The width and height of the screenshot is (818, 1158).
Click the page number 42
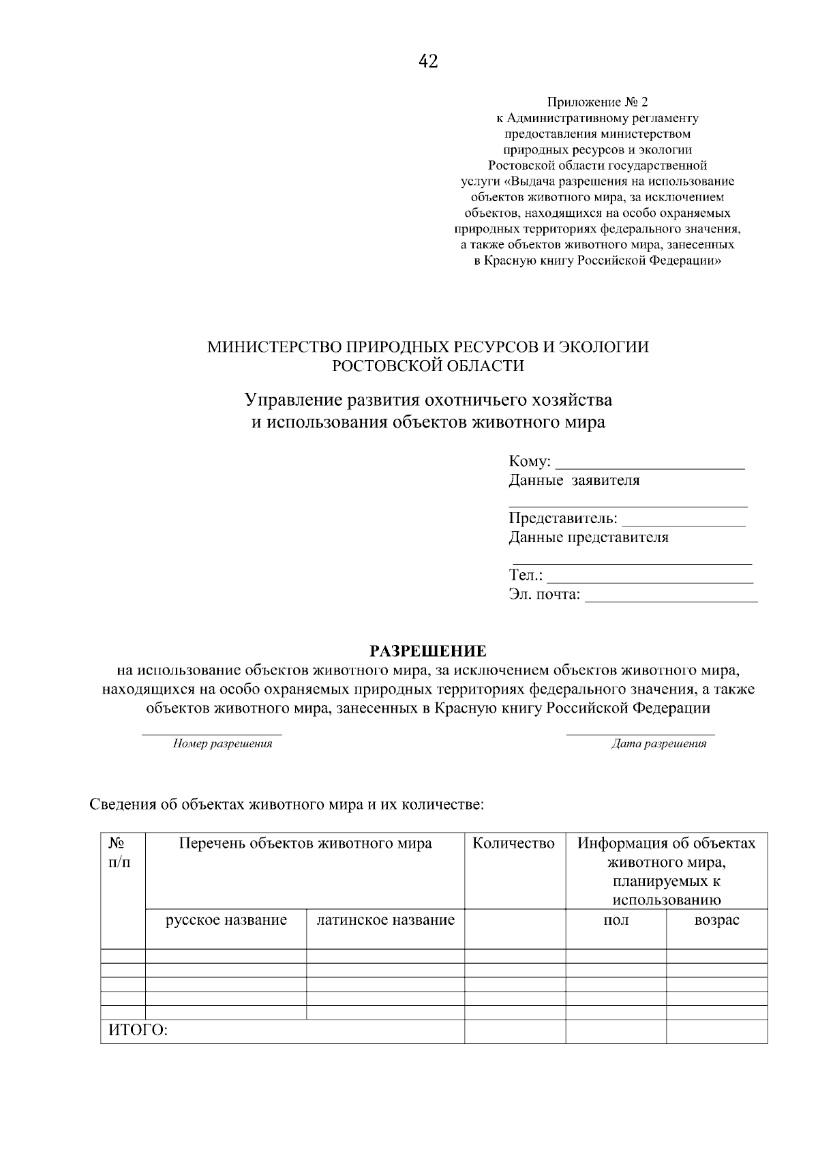[x=428, y=62]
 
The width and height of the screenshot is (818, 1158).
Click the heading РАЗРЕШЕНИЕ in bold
[x=428, y=651]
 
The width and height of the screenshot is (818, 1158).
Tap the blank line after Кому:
[x=650, y=463]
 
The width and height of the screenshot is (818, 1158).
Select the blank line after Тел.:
[x=650, y=577]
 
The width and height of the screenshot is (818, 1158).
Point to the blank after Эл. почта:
[x=671, y=596]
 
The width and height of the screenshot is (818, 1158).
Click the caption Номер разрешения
[x=222, y=744]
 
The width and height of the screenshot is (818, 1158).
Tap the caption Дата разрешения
[x=658, y=744]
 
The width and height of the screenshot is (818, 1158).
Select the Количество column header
[x=514, y=844]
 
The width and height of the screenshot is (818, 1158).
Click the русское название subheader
[x=226, y=921]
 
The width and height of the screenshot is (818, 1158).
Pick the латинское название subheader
[x=385, y=921]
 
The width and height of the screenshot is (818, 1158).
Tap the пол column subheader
[x=616, y=921]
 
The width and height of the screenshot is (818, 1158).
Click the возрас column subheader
[x=716, y=921]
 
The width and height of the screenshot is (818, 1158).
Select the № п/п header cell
[x=119, y=852]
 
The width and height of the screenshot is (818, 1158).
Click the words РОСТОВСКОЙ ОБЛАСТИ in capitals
[x=428, y=366]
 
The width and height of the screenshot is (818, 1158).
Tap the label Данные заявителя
[x=574, y=481]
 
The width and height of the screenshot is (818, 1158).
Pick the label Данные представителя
[x=588, y=537]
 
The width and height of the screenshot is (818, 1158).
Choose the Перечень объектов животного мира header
[x=305, y=844]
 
